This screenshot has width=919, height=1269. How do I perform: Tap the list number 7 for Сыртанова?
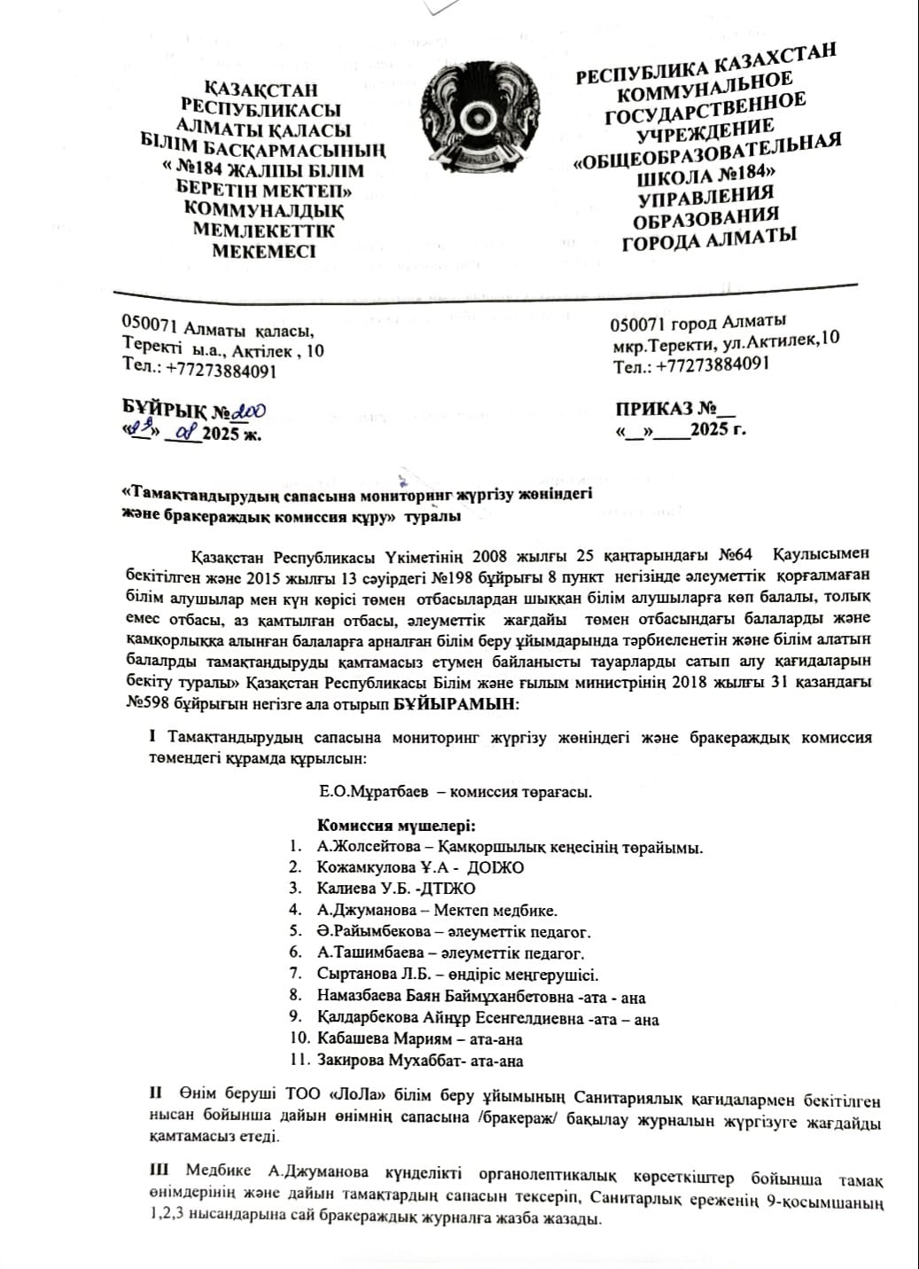coord(296,974)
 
